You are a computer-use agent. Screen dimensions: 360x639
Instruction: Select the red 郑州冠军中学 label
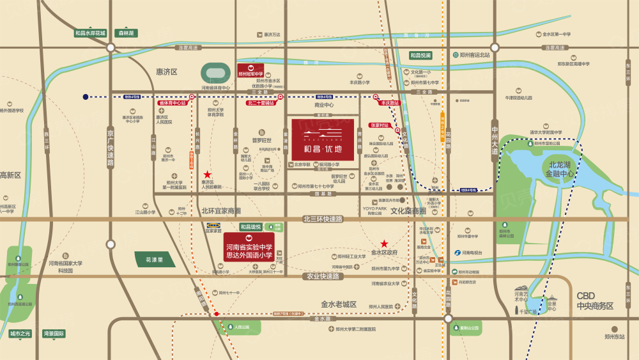[x=250, y=70]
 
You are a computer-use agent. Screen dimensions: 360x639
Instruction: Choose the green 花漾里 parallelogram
[x=154, y=260]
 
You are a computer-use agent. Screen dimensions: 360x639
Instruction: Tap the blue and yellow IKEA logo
[x=214, y=226]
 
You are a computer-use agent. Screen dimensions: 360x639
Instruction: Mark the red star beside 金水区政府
[x=384, y=243]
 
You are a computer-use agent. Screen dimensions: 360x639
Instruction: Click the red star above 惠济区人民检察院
[x=207, y=174]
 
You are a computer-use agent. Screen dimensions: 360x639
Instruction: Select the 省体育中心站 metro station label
[x=172, y=102]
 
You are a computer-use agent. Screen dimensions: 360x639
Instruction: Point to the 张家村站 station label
[x=380, y=126]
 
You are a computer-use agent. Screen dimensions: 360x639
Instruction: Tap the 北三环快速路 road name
[x=323, y=219]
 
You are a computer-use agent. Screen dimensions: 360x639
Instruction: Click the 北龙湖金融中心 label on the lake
[x=543, y=169]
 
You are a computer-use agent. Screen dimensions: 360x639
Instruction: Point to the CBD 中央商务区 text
[x=594, y=301]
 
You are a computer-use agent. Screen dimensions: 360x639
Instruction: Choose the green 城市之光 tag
[x=20, y=333]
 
